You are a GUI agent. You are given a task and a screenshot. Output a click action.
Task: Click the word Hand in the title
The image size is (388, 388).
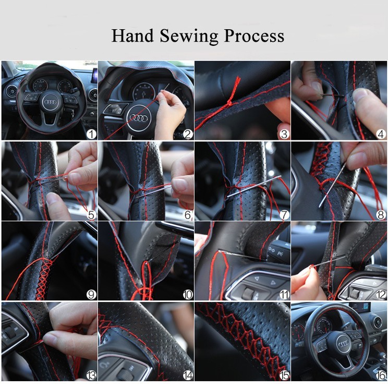tap(132, 35)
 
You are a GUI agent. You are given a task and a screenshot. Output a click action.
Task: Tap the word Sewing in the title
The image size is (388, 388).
tap(189, 36)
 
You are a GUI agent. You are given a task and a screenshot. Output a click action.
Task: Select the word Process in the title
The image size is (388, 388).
tap(254, 35)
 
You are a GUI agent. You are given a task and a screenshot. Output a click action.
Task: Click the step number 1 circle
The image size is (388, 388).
tap(91, 135)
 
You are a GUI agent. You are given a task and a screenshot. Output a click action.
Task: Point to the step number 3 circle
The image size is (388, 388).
tap(284, 135)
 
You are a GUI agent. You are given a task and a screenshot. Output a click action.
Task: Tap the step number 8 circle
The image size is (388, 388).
tap(381, 215)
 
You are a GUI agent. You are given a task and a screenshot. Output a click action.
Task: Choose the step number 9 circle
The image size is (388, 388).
tap(91, 295)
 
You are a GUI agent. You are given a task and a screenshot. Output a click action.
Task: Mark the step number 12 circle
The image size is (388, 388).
tap(381, 295)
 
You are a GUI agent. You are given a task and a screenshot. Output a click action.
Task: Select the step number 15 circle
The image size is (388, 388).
tap(284, 375)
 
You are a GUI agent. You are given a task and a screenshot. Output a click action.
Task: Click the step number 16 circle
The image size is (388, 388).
tap(381, 375)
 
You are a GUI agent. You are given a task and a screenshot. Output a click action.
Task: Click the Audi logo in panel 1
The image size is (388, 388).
tap(50, 102)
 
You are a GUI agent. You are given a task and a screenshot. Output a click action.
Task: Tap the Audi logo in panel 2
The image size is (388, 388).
tap(139, 118)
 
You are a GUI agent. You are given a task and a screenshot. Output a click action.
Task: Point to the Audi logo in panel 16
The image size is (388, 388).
tap(344, 343)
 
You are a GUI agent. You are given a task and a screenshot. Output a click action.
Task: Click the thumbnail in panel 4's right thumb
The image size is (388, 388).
tap(359, 94)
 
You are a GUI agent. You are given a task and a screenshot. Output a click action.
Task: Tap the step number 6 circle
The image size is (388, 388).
tap(188, 215)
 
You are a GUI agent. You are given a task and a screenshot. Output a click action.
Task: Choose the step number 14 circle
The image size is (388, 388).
tap(188, 375)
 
